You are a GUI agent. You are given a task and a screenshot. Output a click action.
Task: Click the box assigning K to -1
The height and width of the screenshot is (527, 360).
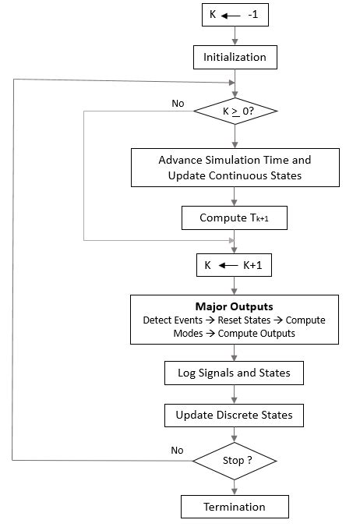(234, 14)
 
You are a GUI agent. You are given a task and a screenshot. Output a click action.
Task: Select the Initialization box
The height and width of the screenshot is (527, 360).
(235, 57)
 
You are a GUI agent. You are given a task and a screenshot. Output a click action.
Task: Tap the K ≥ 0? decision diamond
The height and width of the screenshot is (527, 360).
(235, 111)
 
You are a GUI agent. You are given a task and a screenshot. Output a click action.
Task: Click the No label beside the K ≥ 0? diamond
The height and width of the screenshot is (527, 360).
(178, 102)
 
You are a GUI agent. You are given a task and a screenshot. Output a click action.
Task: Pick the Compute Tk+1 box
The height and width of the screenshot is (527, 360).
(235, 218)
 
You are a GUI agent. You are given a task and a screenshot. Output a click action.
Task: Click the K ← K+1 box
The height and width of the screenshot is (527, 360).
(235, 265)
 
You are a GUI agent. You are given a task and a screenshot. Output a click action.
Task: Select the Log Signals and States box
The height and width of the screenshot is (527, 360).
(235, 373)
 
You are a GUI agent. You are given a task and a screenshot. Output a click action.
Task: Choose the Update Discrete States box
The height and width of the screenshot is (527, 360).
(235, 415)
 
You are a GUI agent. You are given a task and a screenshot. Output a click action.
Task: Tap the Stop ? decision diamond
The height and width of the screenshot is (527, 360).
(235, 460)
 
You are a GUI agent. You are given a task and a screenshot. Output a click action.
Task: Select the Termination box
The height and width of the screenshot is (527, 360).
(235, 507)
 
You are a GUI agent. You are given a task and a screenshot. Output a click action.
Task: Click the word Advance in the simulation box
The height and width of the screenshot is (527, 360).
(179, 159)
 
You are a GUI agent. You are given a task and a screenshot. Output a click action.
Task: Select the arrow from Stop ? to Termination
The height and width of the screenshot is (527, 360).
(235, 485)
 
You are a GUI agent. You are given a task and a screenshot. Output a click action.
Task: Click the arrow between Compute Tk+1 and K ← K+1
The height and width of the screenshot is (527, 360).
(235, 242)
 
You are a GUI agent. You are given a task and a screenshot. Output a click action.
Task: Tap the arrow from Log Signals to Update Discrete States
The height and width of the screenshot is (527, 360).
(235, 394)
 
